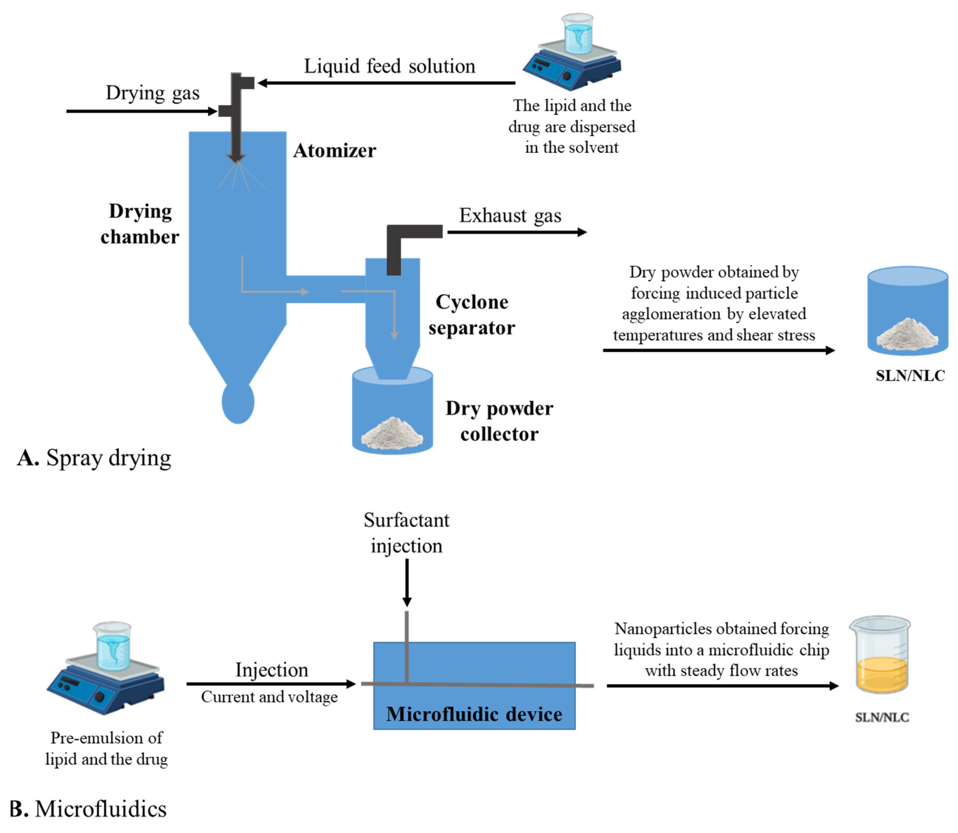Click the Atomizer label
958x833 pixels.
334,151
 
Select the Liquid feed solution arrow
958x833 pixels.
386,83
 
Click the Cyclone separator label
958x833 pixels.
471,315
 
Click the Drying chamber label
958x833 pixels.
140,224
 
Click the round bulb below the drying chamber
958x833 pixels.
238,402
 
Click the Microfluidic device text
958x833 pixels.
474,714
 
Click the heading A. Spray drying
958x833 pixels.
94,458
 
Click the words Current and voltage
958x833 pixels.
269,697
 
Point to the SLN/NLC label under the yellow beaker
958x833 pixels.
882,717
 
